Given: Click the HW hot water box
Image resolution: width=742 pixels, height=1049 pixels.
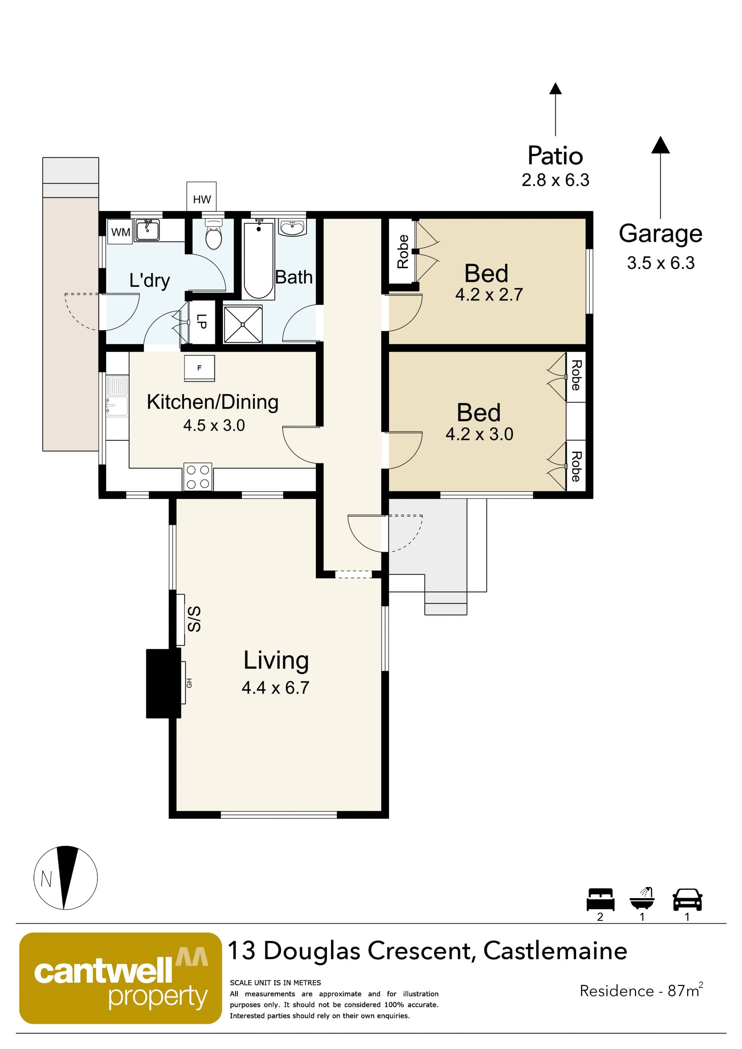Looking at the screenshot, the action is [201, 197].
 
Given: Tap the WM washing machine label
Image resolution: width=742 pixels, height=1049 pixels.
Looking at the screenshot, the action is [121, 232].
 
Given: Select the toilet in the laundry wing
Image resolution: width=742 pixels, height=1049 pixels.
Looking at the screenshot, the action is [213, 233].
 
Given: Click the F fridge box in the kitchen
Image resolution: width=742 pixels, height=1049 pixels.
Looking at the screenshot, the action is [199, 368].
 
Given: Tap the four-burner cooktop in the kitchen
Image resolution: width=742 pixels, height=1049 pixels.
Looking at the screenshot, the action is [198, 477].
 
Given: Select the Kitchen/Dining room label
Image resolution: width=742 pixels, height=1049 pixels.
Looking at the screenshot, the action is [213, 402].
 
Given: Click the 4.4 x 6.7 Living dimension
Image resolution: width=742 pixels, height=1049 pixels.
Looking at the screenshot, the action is [276, 688].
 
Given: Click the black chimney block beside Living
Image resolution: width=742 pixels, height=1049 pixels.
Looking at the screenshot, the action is [163, 683].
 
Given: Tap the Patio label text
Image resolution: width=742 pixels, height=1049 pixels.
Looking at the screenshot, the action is [555, 156].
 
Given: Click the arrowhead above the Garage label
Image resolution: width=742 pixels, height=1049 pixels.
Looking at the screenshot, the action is [660, 145].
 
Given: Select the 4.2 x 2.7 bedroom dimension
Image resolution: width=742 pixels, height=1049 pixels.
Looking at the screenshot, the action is [489, 295].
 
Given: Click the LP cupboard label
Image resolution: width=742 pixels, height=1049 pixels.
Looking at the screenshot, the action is [201, 321].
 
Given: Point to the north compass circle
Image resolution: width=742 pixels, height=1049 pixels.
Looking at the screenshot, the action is [65, 878].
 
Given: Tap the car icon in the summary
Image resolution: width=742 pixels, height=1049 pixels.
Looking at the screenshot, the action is [687, 899].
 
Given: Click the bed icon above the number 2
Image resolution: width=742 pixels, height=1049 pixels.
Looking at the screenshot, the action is [600, 899].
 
